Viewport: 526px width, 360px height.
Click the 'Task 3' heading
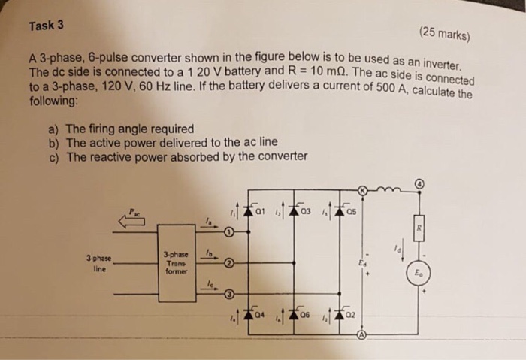point(46,25)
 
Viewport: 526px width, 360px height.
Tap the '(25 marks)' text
point(444,32)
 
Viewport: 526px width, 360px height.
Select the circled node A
point(361,336)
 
